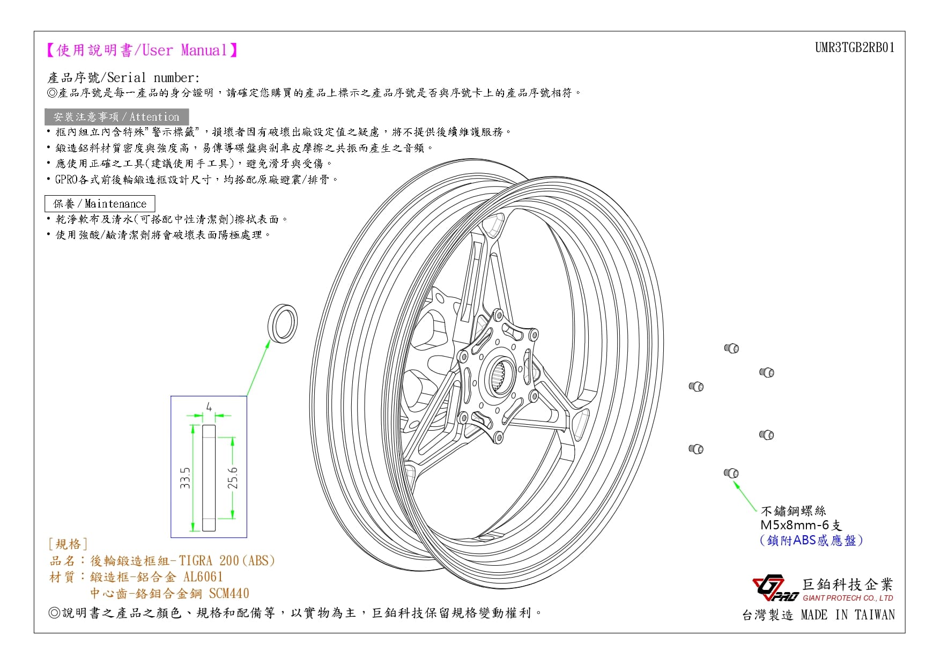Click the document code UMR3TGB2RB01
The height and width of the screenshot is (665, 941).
tap(855, 48)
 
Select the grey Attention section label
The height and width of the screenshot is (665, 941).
tap(116, 117)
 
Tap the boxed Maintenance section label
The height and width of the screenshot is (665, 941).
tap(100, 204)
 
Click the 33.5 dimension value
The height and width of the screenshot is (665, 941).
tap(185, 478)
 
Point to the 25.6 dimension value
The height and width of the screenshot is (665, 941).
tap(232, 478)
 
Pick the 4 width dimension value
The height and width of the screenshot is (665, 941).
tap(209, 407)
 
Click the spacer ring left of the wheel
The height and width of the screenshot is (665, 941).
tap(282, 323)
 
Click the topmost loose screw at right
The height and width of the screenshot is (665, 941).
tap(732, 348)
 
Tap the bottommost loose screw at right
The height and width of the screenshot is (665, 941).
tap(731, 473)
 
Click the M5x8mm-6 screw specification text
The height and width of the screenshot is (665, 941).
tap(801, 525)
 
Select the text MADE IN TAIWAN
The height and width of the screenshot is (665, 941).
tap(848, 615)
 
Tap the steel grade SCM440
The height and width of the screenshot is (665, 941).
tap(229, 593)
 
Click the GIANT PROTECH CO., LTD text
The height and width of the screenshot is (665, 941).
tap(848, 598)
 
